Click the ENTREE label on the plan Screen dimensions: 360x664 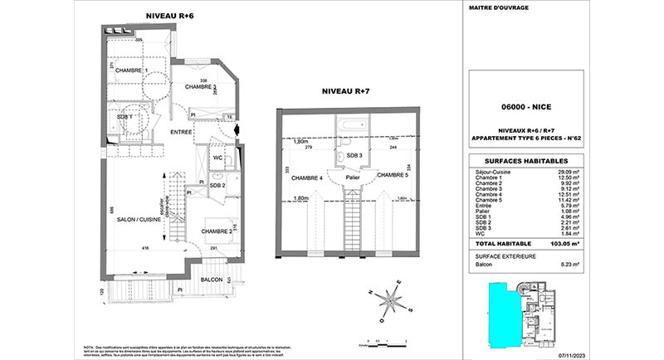pos(182,133)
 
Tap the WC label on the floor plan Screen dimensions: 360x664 pos(217,158)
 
